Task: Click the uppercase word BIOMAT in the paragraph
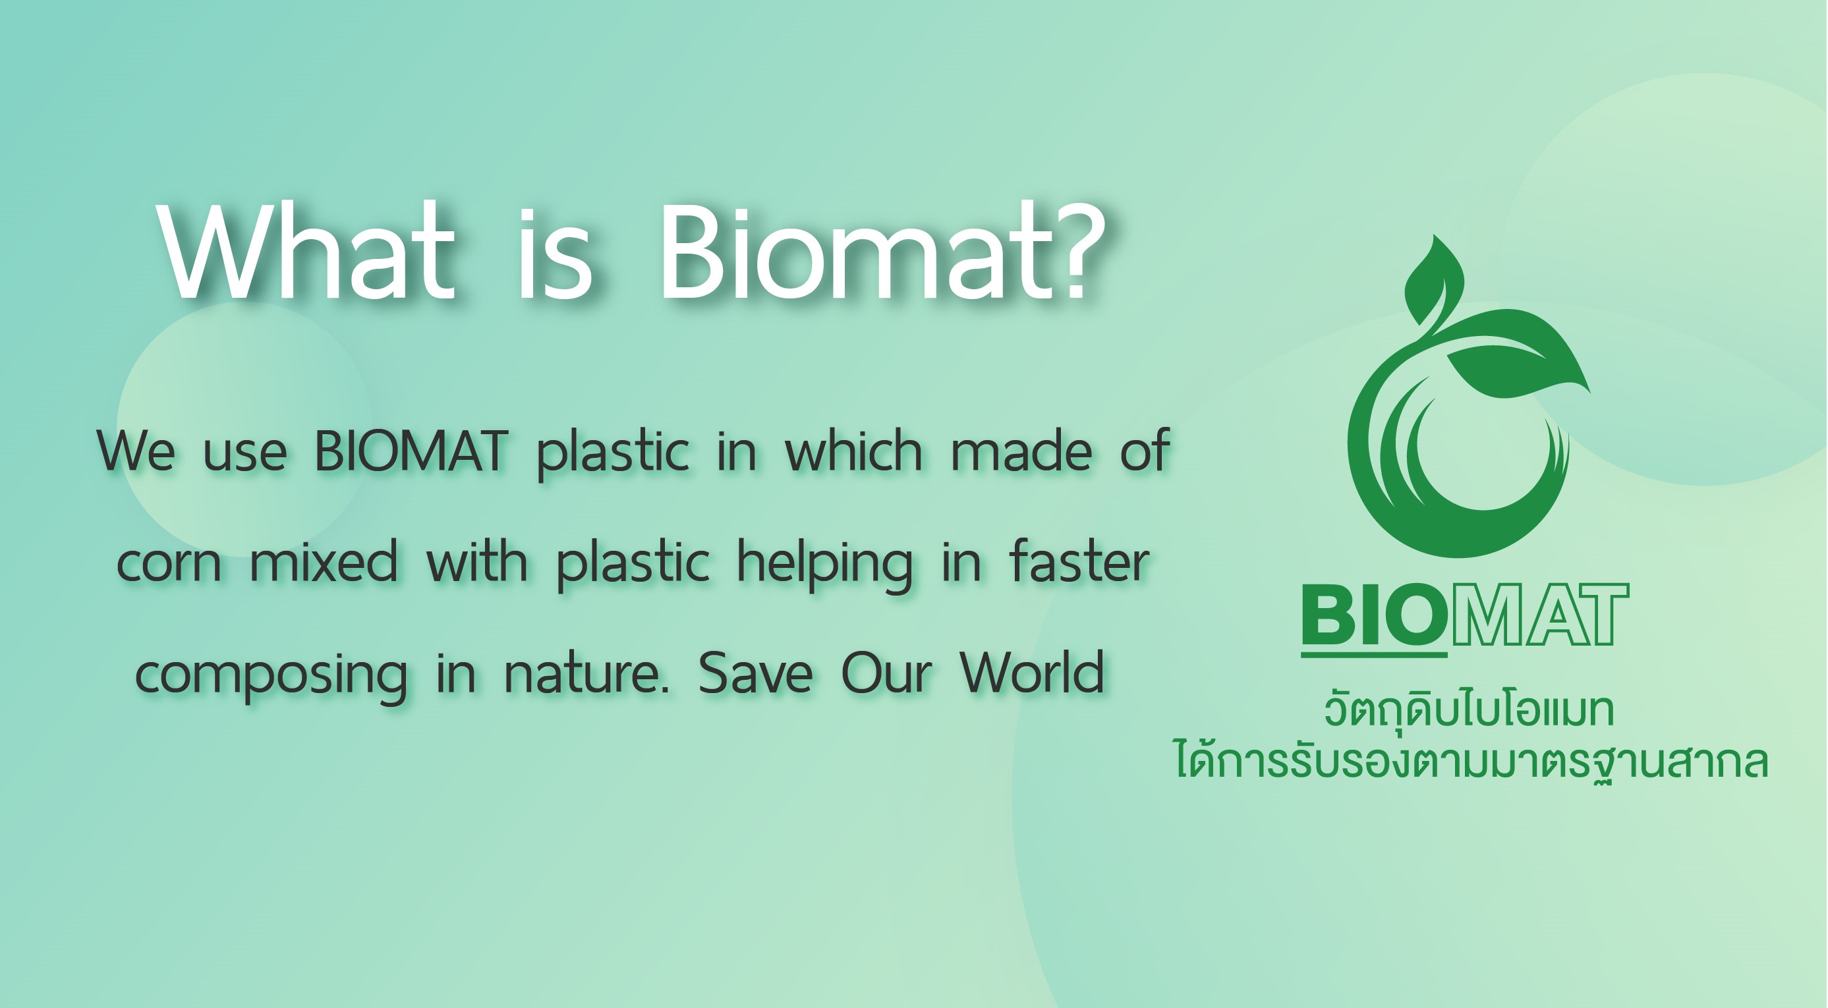coord(412,451)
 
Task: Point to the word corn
coord(169,564)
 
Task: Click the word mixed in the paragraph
coord(324,561)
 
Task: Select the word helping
coord(824,565)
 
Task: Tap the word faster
coord(1079,561)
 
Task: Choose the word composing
coord(271,676)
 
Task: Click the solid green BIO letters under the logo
coord(1374,614)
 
